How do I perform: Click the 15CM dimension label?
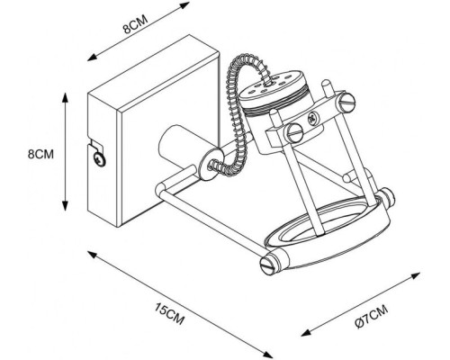(x=169, y=313)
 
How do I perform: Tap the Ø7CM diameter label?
(x=371, y=317)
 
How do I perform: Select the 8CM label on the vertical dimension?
(x=40, y=154)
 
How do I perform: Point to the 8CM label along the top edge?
(x=136, y=24)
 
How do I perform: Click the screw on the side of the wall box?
(x=99, y=159)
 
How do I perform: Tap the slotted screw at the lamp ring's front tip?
(x=268, y=264)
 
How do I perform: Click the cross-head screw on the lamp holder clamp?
(x=312, y=118)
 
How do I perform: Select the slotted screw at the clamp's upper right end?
(x=346, y=102)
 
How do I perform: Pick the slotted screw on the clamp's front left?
(x=294, y=132)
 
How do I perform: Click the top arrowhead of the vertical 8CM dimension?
(x=65, y=97)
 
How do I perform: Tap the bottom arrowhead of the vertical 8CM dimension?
(x=65, y=205)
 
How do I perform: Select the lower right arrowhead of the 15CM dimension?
(x=267, y=355)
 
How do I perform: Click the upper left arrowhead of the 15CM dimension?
(x=92, y=255)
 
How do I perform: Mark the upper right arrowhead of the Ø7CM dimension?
(x=415, y=275)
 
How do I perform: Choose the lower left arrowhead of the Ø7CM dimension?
(x=306, y=332)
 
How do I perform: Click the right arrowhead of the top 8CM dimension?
(x=184, y=5)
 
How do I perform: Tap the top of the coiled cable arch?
(x=247, y=58)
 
